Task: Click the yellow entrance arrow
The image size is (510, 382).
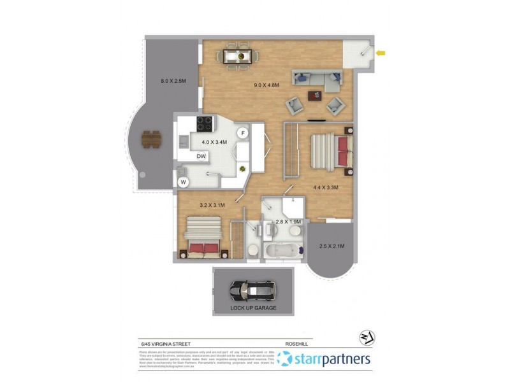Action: pos(381,53)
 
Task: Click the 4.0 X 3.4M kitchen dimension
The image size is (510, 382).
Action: pos(215,142)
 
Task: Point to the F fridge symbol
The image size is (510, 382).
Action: pos(242,132)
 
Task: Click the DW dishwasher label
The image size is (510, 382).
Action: pos(201,156)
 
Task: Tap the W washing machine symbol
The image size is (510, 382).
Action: pos(184,182)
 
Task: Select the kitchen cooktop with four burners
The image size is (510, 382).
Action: pos(204,122)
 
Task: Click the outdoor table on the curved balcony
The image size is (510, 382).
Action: pos(151,138)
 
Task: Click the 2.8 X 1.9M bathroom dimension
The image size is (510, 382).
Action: pos(288,222)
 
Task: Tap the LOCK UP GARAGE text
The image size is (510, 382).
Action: pos(252,309)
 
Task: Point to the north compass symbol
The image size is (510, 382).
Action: pos(367,338)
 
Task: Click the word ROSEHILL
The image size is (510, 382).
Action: pos(296,343)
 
